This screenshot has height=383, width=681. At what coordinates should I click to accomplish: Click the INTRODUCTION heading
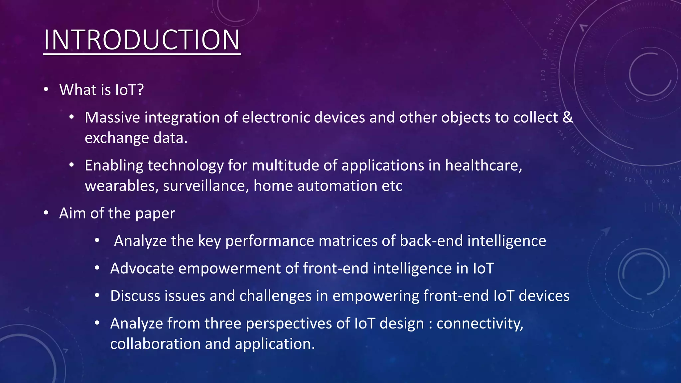pyautogui.click(x=142, y=40)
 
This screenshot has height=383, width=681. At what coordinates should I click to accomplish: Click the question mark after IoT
pyautogui.click(x=140, y=90)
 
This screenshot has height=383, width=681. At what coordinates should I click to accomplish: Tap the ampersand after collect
pyautogui.click(x=568, y=118)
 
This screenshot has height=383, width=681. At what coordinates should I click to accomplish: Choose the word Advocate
pyautogui.click(x=142, y=269)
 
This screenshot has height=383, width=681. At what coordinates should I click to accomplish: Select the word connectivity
pyautogui.click(x=479, y=324)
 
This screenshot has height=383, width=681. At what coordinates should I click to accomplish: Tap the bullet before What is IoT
pyautogui.click(x=46, y=90)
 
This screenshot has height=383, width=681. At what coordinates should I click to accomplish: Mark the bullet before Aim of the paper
pyautogui.click(x=46, y=213)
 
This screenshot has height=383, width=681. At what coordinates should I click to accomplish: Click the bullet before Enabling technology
pyautogui.click(x=71, y=165)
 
